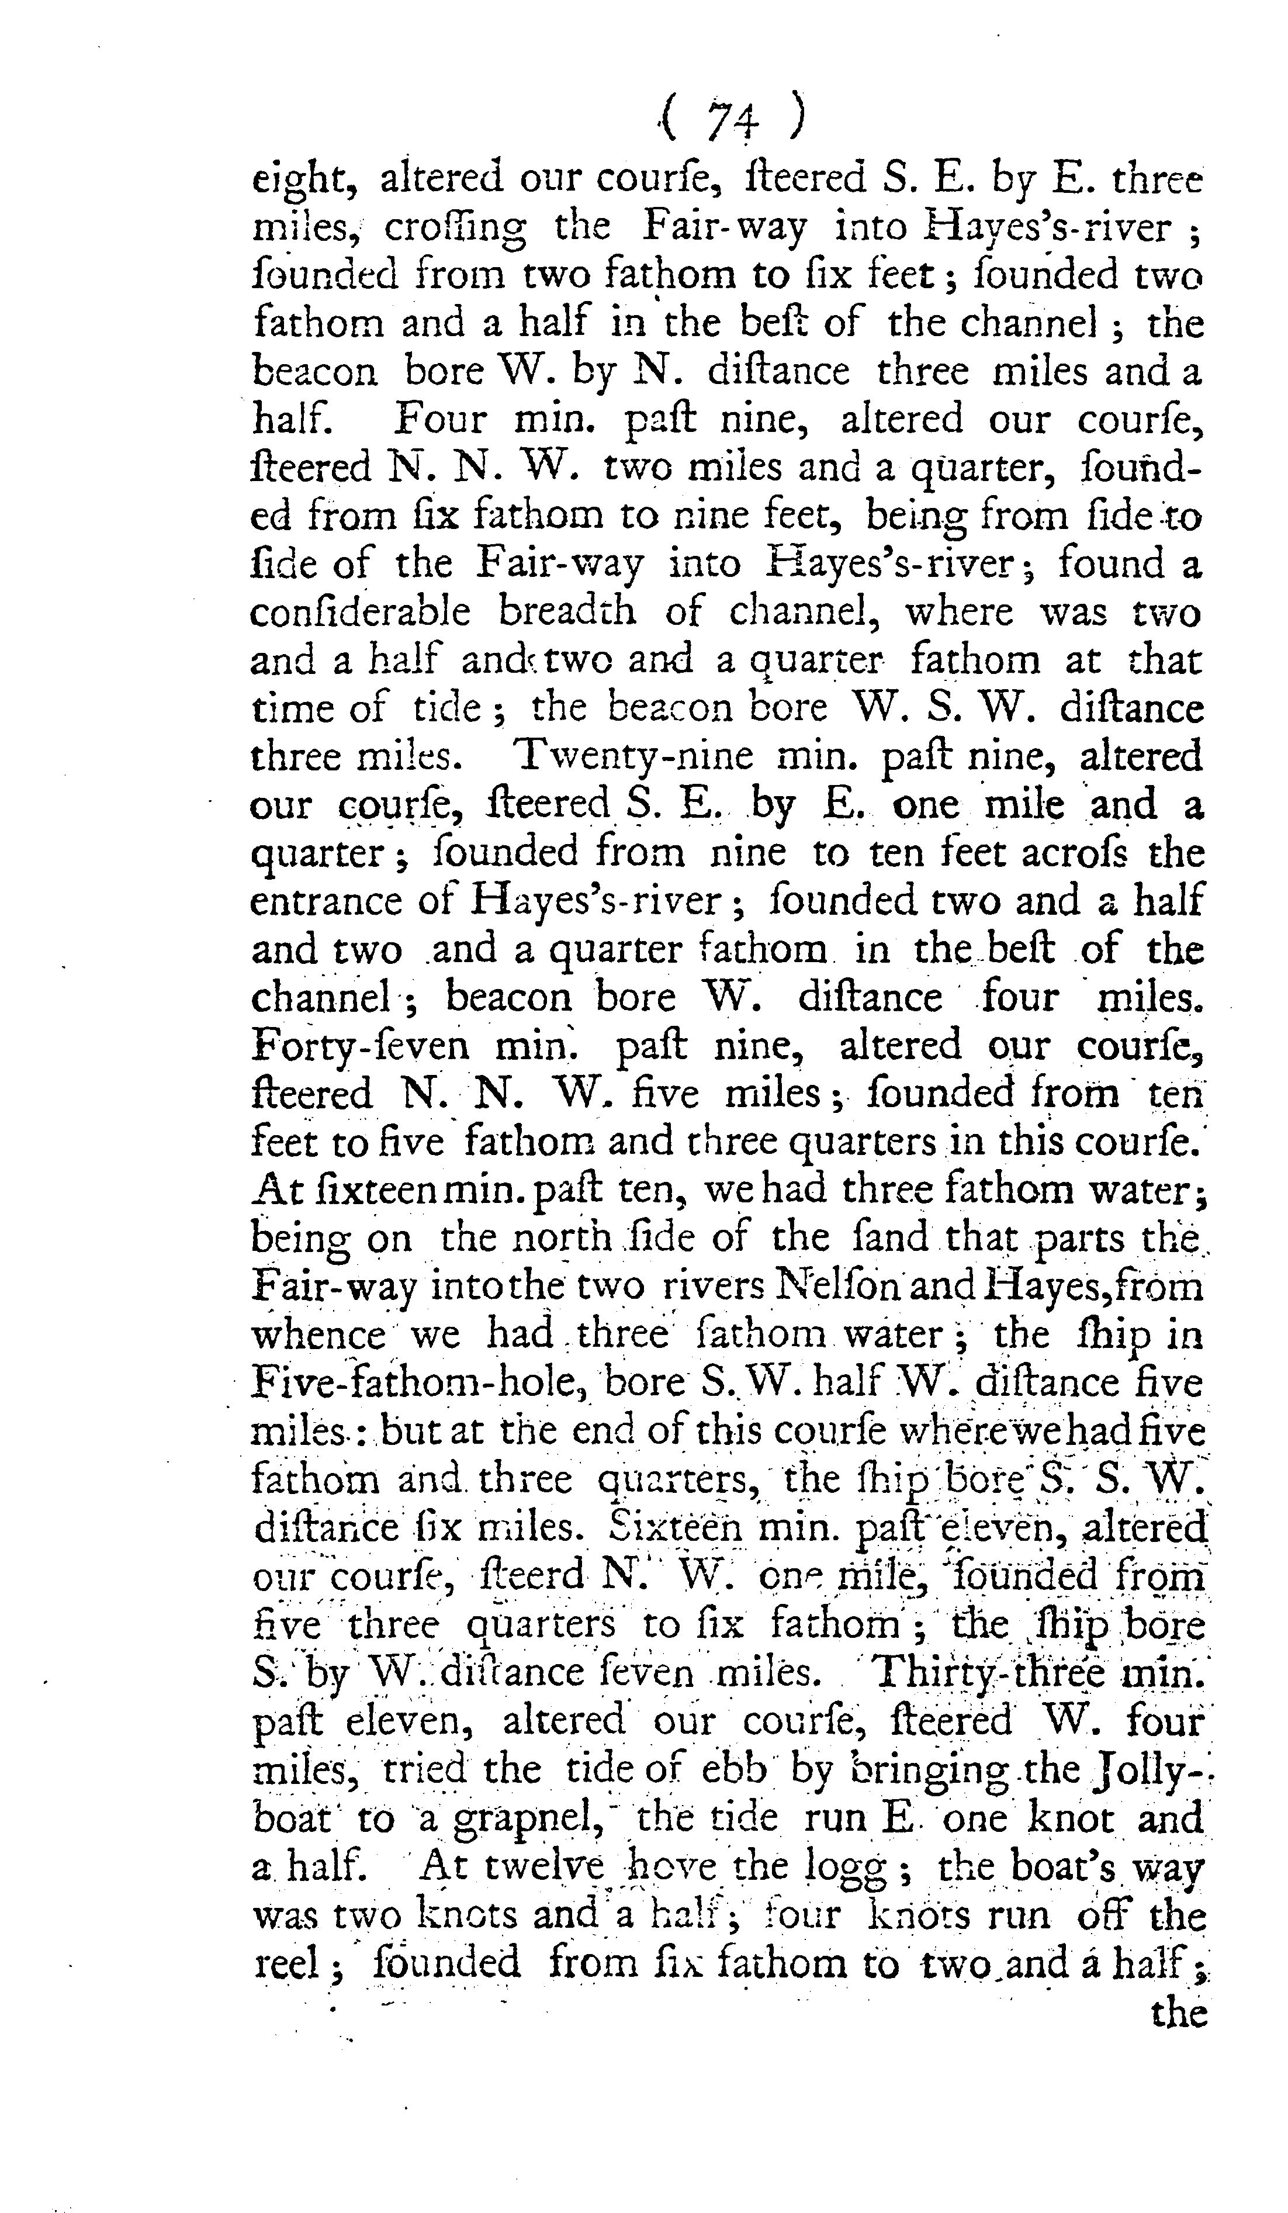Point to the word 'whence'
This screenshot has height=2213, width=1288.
click(318, 1336)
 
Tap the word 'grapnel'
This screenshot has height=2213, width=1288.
click(509, 1820)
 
